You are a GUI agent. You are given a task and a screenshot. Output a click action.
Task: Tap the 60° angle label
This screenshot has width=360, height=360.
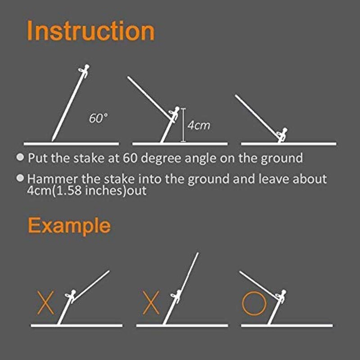coord(98,119)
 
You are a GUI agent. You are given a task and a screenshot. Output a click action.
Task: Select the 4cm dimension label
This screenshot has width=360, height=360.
coord(198,125)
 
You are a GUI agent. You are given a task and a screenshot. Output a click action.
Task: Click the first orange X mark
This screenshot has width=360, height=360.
coord(45,302)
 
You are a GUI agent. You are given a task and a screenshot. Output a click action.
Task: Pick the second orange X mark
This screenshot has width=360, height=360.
coord(151,302)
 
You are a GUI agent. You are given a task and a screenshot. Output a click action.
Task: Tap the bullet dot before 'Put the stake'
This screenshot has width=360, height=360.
coord(20,157)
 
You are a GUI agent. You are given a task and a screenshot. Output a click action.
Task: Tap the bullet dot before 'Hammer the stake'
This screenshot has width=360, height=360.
coord(20,178)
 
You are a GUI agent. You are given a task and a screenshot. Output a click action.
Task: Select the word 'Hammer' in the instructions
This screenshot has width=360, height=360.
coord(49,179)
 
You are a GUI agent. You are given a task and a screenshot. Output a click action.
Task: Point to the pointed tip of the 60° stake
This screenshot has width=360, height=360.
coord(53,139)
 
